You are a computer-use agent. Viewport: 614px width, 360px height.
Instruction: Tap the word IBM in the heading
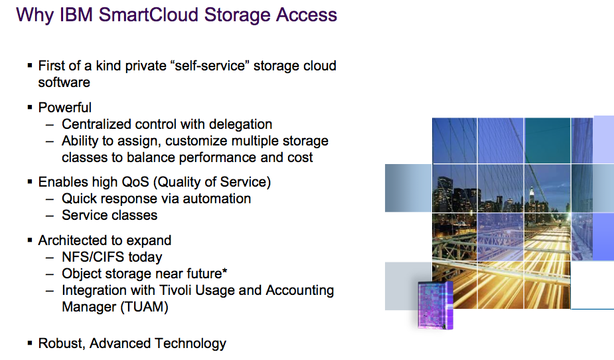point(76,15)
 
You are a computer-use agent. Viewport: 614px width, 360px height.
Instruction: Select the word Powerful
point(64,108)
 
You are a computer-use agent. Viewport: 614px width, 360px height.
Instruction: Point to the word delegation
point(240,124)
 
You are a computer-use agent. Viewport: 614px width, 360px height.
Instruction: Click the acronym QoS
point(135,182)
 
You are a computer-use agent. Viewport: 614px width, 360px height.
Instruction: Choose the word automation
point(216,199)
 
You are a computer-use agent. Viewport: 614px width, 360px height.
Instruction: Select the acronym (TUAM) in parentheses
point(144,307)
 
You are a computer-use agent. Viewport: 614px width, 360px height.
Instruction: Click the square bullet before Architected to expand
point(30,240)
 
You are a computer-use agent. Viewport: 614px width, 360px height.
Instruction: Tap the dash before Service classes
point(49,215)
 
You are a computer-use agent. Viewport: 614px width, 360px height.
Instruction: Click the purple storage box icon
point(435,305)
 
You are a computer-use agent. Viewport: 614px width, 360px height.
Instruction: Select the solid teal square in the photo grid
point(548,141)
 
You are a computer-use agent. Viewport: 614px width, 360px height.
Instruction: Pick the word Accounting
point(299,290)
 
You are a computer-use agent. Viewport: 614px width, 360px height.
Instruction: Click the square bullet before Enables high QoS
point(30,181)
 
